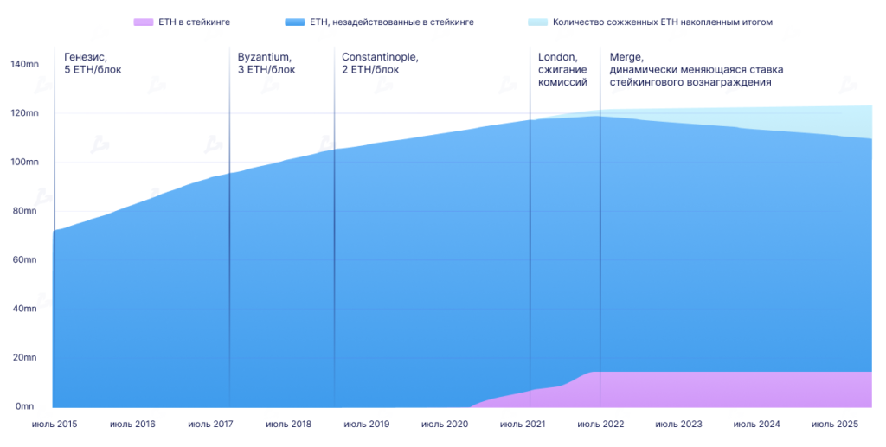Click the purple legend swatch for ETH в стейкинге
click(144, 22)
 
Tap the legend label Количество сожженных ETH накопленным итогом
click(663, 22)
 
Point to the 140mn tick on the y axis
click(22, 64)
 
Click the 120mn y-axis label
click(22, 113)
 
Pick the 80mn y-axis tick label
click(23, 211)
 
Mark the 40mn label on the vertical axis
click(23, 309)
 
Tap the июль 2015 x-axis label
click(55, 425)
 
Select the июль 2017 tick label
click(210, 425)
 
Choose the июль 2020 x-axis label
click(445, 425)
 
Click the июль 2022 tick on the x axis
click(600, 425)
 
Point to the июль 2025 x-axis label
click(835, 425)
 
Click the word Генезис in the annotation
click(85, 57)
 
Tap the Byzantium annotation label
click(264, 57)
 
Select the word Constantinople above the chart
click(380, 57)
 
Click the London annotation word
click(556, 57)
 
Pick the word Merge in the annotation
click(626, 57)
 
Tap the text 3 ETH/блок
click(266, 70)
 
